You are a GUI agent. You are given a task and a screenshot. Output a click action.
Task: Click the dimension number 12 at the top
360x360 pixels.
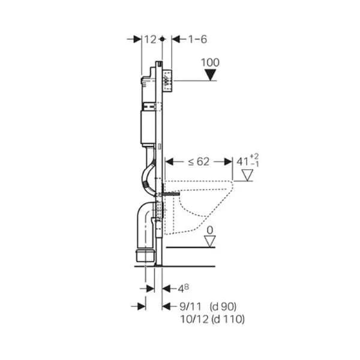tap(151, 39)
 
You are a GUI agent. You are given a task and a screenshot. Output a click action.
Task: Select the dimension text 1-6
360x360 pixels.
tap(197, 39)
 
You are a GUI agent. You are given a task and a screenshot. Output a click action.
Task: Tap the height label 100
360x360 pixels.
tap(211, 62)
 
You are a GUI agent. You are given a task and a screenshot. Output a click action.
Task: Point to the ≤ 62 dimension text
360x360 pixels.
tap(199, 162)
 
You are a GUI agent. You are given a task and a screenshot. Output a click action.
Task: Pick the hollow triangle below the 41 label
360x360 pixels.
tap(248, 175)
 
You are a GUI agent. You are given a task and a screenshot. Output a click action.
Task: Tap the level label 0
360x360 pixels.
tap(210, 230)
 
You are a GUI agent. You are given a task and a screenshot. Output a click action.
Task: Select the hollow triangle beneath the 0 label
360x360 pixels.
tap(210, 242)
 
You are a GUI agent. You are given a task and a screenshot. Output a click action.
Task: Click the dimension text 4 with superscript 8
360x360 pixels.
tap(184, 289)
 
